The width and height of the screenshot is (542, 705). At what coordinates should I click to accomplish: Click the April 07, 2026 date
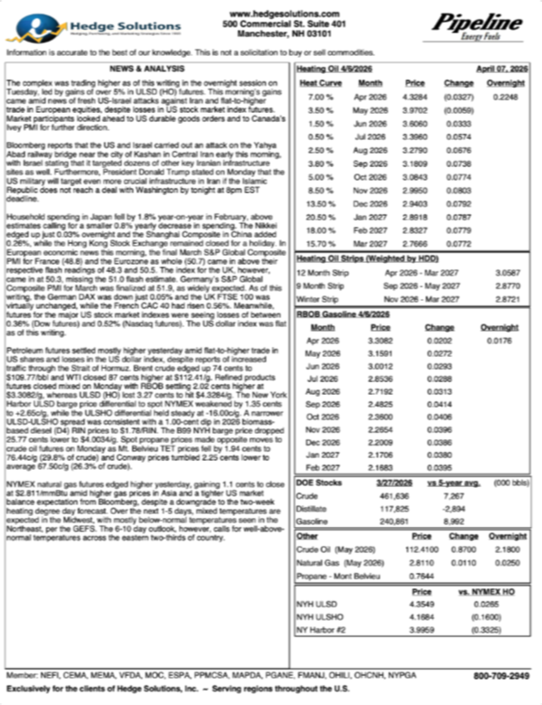tap(500, 69)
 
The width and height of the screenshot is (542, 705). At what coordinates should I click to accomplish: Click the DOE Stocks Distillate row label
tap(313, 507)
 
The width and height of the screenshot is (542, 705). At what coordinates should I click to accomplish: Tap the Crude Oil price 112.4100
tap(415, 550)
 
